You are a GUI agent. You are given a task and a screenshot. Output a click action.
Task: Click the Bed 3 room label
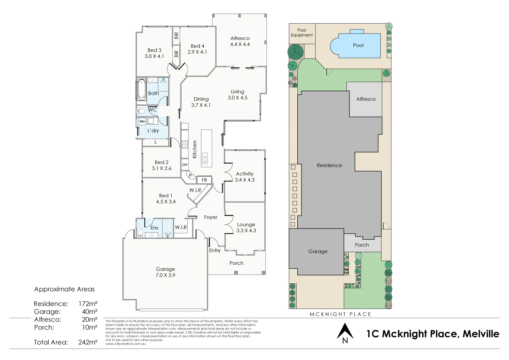coord(154,53)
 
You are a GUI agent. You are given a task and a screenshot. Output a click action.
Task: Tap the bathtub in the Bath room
coord(142,90)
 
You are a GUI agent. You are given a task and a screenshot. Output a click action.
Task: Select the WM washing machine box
coord(142,122)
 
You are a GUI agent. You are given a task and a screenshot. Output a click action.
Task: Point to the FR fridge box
coord(204,180)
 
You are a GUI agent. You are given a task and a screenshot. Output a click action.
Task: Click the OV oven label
coord(185,165)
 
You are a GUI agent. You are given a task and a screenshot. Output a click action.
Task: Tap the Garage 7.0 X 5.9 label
coord(165,272)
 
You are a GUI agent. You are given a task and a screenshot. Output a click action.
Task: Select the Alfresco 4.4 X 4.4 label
coord(240,41)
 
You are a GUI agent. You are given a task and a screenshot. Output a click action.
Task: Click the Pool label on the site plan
coord(358,45)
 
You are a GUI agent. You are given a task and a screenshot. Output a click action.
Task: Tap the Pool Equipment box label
coord(302,32)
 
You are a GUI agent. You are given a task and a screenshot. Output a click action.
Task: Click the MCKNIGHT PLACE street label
coord(340,314)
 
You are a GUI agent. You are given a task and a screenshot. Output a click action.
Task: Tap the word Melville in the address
coord(480,334)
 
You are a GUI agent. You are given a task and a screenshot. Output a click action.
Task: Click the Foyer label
coord(211,217)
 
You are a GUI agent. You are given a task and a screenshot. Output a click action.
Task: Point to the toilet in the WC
coord(140,111)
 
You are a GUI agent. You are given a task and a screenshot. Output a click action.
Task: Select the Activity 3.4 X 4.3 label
coord(244,177)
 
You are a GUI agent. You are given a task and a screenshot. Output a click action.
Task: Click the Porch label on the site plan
coord(362,245)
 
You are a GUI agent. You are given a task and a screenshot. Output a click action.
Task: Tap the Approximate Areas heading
coord(64,289)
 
